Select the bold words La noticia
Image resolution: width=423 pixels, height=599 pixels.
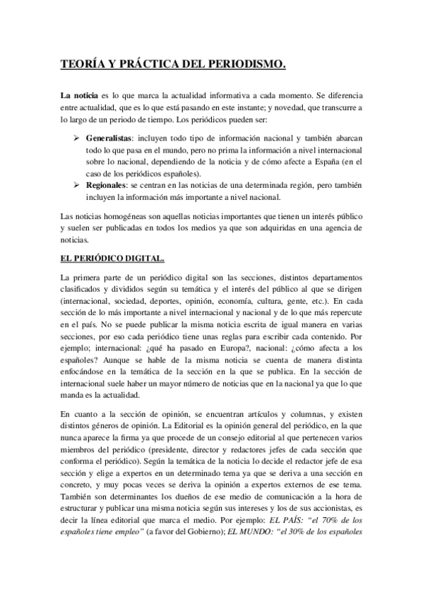point(79,95)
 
